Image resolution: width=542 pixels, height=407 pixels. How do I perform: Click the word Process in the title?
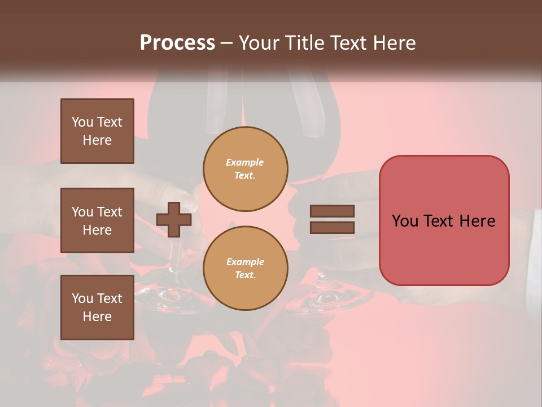[x=177, y=42]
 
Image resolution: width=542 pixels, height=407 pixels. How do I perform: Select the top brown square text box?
[x=97, y=131]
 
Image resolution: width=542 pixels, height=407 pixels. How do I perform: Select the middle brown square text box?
[x=97, y=220]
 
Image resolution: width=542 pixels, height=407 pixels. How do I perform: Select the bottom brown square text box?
[x=97, y=308]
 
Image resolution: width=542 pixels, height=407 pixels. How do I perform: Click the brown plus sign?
[x=174, y=220]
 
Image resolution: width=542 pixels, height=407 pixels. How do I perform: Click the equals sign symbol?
[x=332, y=219]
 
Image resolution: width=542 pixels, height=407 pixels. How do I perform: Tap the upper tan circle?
[x=246, y=169]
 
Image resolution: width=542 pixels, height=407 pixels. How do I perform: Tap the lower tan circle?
[x=246, y=269]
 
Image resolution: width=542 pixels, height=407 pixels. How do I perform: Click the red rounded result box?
[x=444, y=220]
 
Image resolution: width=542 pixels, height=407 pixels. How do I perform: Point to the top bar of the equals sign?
[x=332, y=211]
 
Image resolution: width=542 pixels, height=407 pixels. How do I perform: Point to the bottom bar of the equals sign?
[x=332, y=228]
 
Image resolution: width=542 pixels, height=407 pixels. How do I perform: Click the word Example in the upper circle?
[x=245, y=162]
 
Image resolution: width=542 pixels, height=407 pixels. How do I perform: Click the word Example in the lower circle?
[x=245, y=262]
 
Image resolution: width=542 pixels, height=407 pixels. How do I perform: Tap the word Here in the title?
[x=394, y=42]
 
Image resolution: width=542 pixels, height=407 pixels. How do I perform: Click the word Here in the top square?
[x=97, y=140]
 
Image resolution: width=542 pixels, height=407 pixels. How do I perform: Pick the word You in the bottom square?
[x=82, y=298]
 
